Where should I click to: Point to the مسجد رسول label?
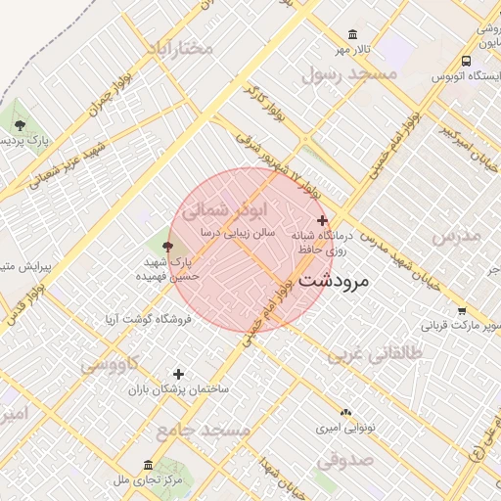pyautogui.click(x=349, y=73)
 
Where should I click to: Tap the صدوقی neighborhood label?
pyautogui.click(x=344, y=458)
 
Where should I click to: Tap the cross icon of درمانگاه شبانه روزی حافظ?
pyautogui.click(x=323, y=220)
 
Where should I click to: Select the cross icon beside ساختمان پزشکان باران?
pyautogui.click(x=178, y=374)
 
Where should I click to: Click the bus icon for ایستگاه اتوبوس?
pyautogui.click(x=465, y=60)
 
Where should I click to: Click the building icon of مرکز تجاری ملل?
pyautogui.click(x=148, y=464)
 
